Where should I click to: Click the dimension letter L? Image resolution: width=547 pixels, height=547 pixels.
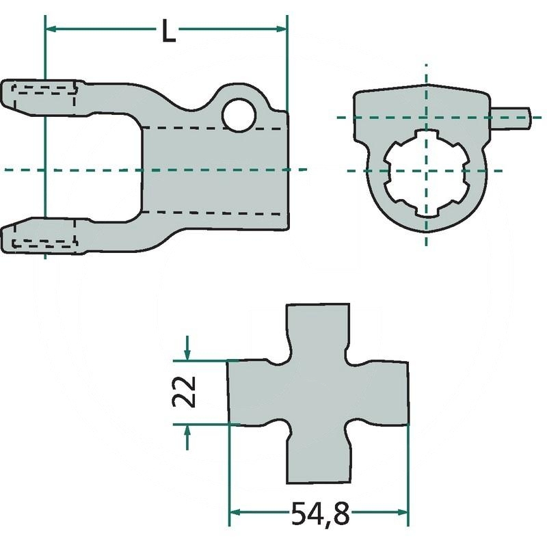coord(169,30)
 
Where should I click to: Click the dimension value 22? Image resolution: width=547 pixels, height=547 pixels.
coord(184,391)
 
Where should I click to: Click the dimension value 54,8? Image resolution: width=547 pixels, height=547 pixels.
coord(320,513)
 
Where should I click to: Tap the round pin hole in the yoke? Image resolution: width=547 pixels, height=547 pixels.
coord(239,115)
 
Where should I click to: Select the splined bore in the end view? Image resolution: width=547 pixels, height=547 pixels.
coord(425,173)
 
